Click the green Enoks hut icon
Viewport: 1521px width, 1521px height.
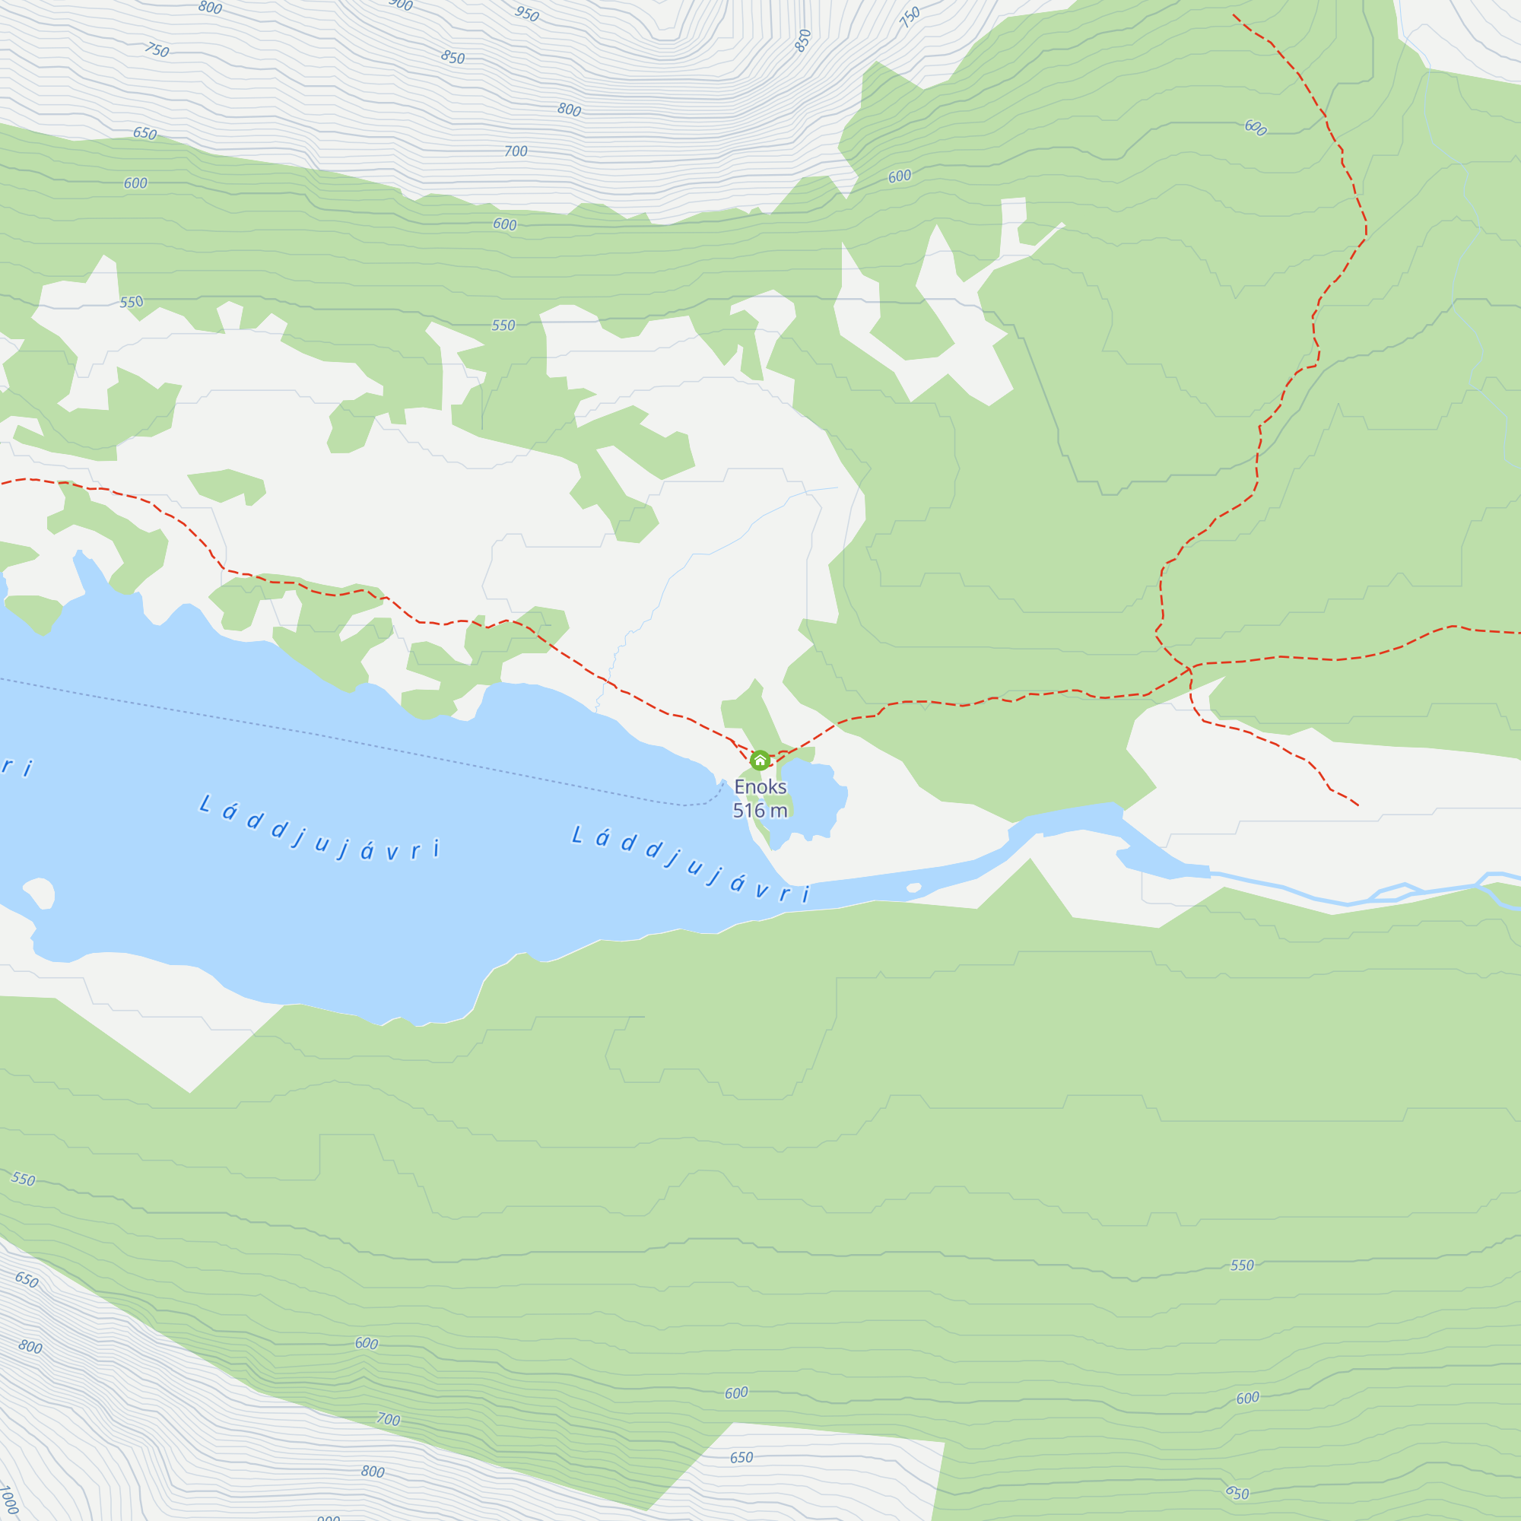pyautogui.click(x=760, y=760)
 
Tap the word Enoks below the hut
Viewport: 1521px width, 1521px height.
pyautogui.click(x=760, y=786)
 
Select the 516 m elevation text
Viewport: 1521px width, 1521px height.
pyautogui.click(x=760, y=810)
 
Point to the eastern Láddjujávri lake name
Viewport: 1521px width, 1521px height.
pyautogui.click(x=691, y=863)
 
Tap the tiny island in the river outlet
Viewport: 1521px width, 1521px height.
pyautogui.click(x=913, y=888)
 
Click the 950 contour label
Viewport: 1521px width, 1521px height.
pyautogui.click(x=527, y=14)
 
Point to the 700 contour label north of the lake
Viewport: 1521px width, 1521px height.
pyautogui.click(x=516, y=151)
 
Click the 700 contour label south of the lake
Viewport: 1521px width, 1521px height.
pyautogui.click(x=388, y=1419)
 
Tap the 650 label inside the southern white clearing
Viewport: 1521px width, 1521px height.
pyautogui.click(x=741, y=1458)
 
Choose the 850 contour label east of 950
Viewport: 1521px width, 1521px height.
pyautogui.click(x=802, y=40)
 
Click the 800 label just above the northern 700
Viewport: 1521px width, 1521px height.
pyautogui.click(x=569, y=110)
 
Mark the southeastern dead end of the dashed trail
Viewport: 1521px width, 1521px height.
pyautogui.click(x=1358, y=805)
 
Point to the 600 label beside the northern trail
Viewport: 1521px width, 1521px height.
pyautogui.click(x=1255, y=128)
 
